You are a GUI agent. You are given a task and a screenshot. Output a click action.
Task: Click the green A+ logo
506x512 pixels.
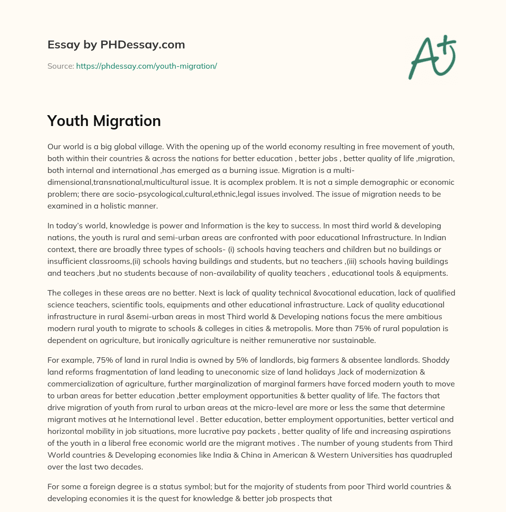coord(431,57)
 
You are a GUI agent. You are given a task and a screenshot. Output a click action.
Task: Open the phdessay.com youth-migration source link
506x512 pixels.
coord(146,66)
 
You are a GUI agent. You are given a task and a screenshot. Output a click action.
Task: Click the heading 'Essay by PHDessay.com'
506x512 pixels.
coord(116,45)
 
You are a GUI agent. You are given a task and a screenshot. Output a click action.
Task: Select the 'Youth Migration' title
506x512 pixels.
coord(104,121)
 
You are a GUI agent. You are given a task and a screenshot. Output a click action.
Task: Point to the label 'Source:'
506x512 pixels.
coord(60,66)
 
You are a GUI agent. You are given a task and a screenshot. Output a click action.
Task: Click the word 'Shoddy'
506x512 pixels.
coord(438,360)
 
